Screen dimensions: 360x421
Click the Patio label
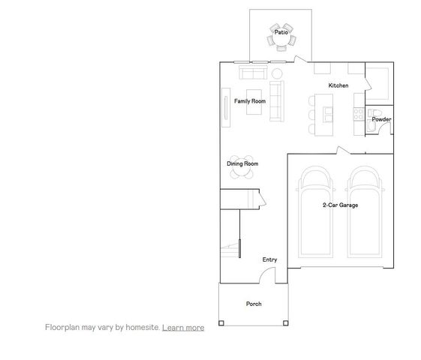tap(281, 32)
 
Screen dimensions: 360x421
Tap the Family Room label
tap(249, 101)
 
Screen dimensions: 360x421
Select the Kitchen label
tap(338, 86)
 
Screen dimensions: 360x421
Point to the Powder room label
tap(381, 119)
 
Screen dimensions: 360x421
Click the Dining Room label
tap(242, 163)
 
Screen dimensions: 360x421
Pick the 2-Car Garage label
tap(339, 204)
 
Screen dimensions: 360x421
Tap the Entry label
tap(269, 259)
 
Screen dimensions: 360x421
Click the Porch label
tap(254, 304)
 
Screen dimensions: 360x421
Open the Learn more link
tap(183, 327)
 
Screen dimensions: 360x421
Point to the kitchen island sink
tap(327, 113)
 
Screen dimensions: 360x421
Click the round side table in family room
tap(276, 73)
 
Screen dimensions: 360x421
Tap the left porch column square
tap(221, 323)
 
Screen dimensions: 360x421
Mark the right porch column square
tap(285, 323)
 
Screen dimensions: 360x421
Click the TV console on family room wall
tap(226, 102)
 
